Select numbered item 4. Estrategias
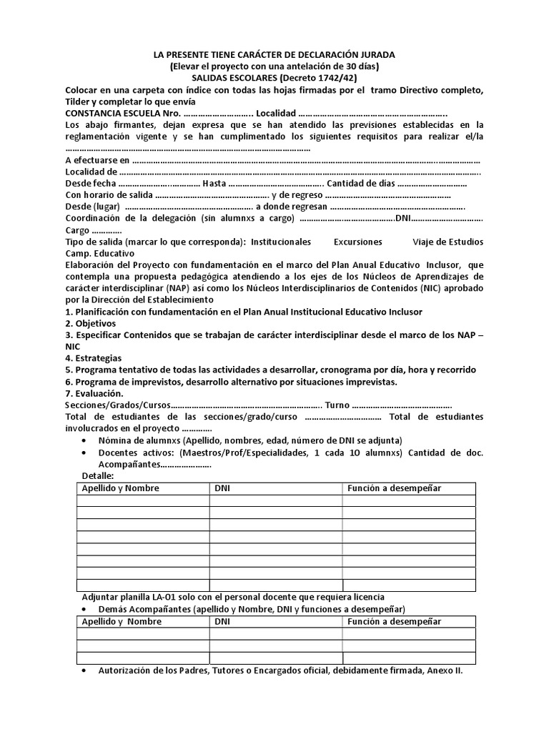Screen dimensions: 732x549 [94, 357]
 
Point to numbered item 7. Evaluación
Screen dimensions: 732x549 [94, 392]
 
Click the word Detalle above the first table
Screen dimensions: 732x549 [98, 475]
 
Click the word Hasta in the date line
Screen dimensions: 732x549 [215, 184]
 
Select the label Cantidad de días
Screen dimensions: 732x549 [361, 184]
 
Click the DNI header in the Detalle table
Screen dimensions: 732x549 [222, 488]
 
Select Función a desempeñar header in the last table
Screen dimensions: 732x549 [395, 621]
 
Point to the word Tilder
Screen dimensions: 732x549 [79, 101]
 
